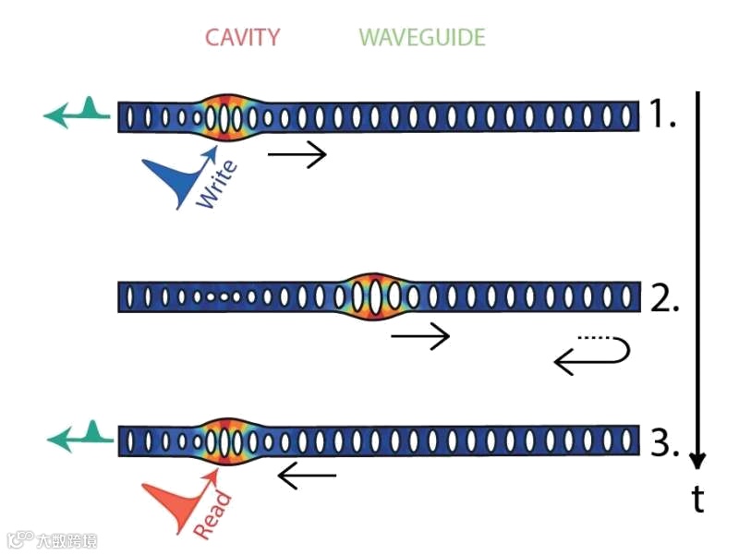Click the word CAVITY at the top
point(242,38)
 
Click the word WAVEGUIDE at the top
point(422,38)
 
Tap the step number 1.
point(662,115)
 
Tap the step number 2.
point(664,297)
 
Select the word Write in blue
point(217,184)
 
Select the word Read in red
point(213,513)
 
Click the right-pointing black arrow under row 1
point(297,154)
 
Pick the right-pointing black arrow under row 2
point(420,336)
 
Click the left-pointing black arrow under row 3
point(307,477)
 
